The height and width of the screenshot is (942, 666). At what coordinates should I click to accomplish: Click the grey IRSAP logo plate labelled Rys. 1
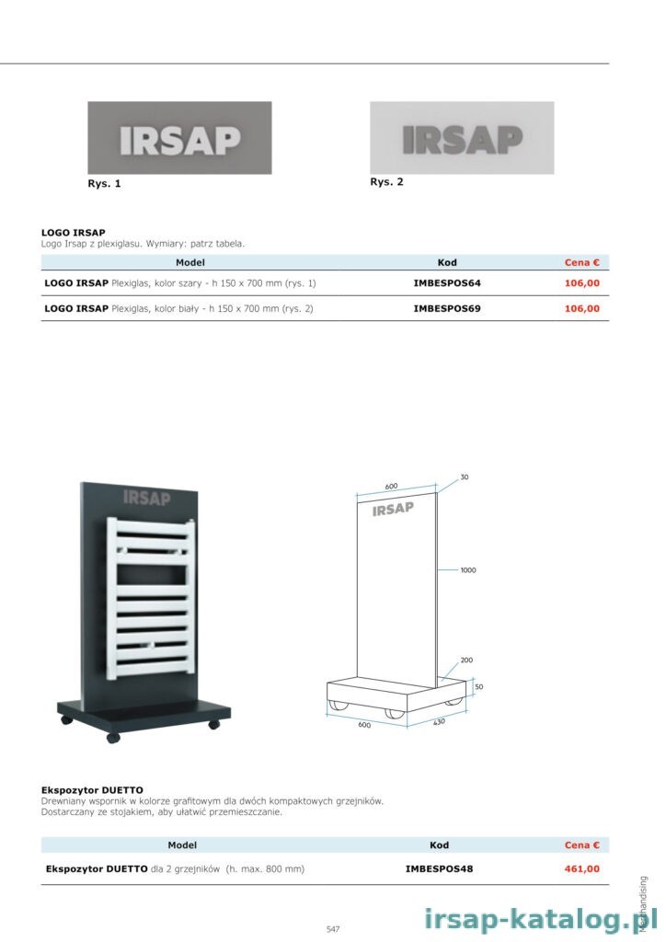[179, 138]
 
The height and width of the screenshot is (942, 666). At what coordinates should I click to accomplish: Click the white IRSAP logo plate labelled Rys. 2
[462, 138]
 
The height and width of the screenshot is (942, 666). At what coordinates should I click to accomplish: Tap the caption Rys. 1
[105, 184]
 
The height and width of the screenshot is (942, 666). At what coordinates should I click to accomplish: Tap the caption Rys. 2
[386, 182]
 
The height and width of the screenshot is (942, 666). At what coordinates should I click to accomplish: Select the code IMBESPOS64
[447, 283]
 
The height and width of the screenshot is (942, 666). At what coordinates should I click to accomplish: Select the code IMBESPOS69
[447, 309]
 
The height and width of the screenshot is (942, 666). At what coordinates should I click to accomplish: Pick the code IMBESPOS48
[439, 868]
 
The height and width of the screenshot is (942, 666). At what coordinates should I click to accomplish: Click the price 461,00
[582, 868]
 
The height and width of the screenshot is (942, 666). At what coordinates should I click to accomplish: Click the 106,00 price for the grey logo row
[582, 283]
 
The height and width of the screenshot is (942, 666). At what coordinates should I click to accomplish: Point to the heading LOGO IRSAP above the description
[74, 233]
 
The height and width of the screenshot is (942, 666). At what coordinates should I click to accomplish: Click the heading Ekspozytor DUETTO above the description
[93, 790]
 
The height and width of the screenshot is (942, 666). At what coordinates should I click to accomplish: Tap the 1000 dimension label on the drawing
[468, 570]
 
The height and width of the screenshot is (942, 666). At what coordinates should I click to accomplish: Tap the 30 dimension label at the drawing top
[465, 477]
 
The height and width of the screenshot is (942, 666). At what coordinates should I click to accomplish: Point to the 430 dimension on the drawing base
[439, 721]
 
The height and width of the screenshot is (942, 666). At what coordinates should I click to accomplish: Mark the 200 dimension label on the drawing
[466, 660]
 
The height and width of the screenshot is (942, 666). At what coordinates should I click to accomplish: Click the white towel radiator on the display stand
[152, 598]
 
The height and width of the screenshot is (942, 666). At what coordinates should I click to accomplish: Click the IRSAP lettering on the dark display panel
[146, 498]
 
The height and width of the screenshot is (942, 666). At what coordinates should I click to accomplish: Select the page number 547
[333, 929]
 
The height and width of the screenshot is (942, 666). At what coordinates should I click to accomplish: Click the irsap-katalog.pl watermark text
[532, 919]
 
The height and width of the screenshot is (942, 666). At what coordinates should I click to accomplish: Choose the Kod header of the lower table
[439, 844]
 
